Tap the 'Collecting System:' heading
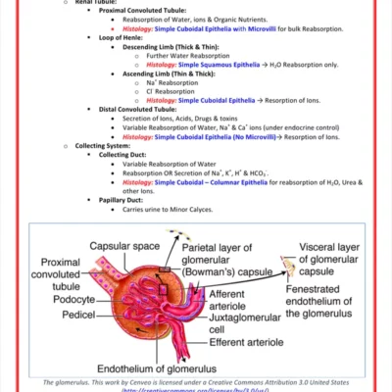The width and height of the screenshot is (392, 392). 104,145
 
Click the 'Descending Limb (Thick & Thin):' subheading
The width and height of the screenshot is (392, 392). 171,46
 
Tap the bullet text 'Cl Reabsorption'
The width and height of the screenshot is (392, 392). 172,91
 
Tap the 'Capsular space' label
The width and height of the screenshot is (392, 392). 126,245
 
